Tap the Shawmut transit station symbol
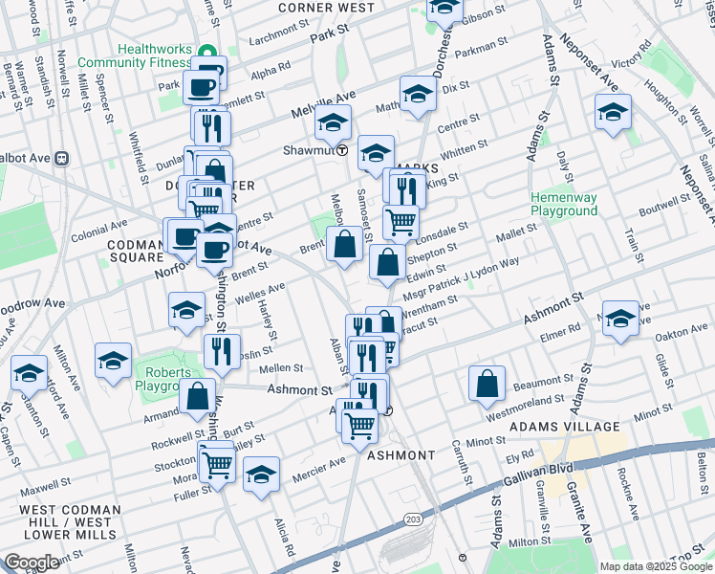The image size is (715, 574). [342, 151]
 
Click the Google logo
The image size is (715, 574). [32, 563]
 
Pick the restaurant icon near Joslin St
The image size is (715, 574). [221, 351]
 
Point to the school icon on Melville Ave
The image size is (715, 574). [334, 122]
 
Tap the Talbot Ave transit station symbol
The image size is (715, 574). [60, 158]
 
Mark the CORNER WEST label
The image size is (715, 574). [326, 8]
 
